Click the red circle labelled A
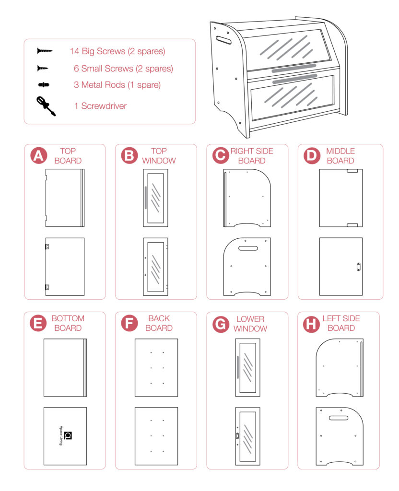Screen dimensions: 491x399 point(38,156)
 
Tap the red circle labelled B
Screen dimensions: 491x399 point(129,156)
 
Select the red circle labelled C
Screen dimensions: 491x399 point(221,156)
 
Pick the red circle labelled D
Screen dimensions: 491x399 point(312,156)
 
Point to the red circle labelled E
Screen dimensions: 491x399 point(38,324)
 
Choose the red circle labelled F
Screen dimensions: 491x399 point(129,324)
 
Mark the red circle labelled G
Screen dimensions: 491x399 point(221,324)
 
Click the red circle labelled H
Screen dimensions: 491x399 point(312,324)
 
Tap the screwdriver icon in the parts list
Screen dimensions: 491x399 point(46,106)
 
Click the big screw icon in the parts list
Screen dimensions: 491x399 point(45,51)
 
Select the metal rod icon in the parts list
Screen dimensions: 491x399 point(44,85)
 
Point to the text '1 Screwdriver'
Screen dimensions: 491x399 point(100,106)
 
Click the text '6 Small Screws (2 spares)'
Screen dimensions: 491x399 point(123,69)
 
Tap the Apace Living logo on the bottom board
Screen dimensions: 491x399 point(68,435)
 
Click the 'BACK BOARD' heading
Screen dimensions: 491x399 point(159,323)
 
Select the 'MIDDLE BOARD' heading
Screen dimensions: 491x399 point(340,156)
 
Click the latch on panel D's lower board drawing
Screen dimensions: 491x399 point(357,267)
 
